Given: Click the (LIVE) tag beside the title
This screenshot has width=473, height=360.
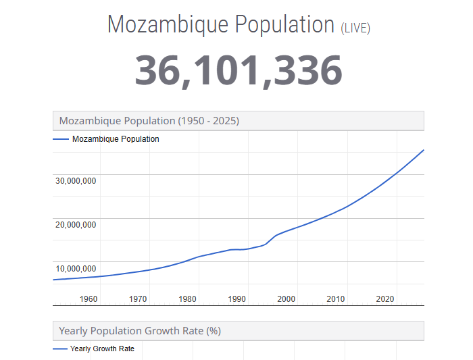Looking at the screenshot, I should [355, 28].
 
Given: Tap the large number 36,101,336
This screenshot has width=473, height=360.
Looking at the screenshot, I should [238, 70].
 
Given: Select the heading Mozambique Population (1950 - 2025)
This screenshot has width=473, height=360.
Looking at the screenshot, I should [149, 121].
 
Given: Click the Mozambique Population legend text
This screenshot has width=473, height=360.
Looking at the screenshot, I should [116, 139].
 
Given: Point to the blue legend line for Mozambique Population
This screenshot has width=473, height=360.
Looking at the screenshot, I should [60, 139].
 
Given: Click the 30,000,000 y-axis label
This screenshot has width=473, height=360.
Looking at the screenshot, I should [76, 180].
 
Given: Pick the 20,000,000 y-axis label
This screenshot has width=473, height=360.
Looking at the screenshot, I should [76, 224].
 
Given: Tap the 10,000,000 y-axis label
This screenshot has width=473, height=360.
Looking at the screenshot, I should [76, 268].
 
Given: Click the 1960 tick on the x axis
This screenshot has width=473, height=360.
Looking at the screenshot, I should [89, 299].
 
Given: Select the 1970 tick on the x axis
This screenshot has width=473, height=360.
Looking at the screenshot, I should [138, 299].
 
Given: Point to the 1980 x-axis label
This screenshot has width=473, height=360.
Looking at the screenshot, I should [187, 299].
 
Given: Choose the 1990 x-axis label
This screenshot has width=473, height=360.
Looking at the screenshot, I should [236, 299].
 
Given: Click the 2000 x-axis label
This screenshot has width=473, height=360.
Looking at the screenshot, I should [286, 299].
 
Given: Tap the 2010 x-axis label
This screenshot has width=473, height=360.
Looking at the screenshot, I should [335, 299].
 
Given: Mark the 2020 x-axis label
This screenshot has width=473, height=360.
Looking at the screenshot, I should [384, 299].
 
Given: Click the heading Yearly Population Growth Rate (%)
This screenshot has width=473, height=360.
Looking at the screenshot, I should [140, 331].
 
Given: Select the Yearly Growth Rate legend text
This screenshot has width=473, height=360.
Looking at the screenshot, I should [102, 349].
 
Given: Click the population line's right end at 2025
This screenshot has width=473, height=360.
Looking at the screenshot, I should [424, 149].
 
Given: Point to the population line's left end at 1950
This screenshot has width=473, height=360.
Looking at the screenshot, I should [53, 280].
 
